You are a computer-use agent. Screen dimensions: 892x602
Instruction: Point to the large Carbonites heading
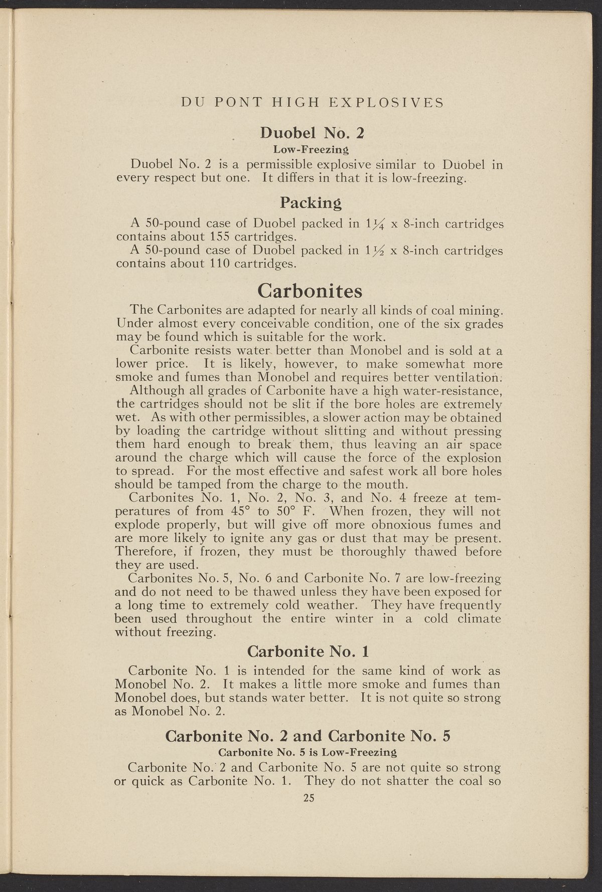(x=310, y=290)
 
